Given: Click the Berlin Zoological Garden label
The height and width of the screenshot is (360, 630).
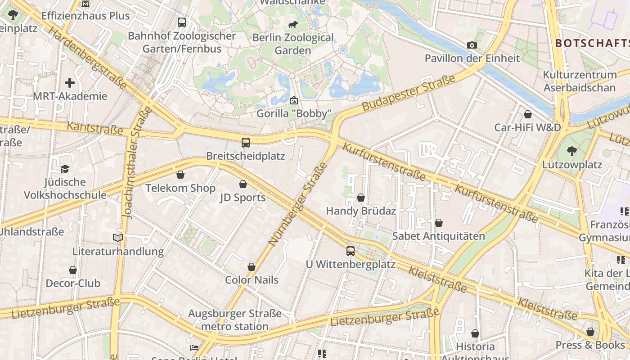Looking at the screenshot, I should (293, 44).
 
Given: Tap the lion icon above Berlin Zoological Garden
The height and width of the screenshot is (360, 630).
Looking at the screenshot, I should (293, 24).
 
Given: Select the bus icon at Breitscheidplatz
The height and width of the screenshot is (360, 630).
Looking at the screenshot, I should (246, 143).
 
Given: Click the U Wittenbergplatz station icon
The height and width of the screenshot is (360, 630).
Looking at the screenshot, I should (351, 251).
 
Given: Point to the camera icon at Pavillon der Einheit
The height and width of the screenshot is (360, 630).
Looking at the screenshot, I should (472, 45).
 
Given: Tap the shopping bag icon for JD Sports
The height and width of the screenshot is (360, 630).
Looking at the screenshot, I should (243, 184).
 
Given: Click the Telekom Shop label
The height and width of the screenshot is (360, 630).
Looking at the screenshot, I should (180, 188).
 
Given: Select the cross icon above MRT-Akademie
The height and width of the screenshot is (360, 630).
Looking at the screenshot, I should (70, 83).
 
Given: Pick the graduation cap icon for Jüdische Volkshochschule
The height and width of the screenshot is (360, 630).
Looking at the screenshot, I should (65, 169).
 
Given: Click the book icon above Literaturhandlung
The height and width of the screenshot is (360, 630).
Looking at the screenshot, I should (118, 238).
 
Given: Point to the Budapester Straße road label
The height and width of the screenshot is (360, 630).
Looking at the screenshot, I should (409, 93).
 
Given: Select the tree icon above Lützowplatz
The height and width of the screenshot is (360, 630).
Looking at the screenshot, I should (572, 151).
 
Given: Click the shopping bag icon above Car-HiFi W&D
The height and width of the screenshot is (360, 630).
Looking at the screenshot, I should (528, 114).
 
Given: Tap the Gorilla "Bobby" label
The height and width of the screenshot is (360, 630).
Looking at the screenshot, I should (294, 113).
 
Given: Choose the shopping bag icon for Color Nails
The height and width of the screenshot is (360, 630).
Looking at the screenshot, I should (252, 267).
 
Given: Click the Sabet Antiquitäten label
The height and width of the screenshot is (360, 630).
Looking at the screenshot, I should (439, 236).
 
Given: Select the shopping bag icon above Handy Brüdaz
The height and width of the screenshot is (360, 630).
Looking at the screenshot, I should (361, 198).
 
